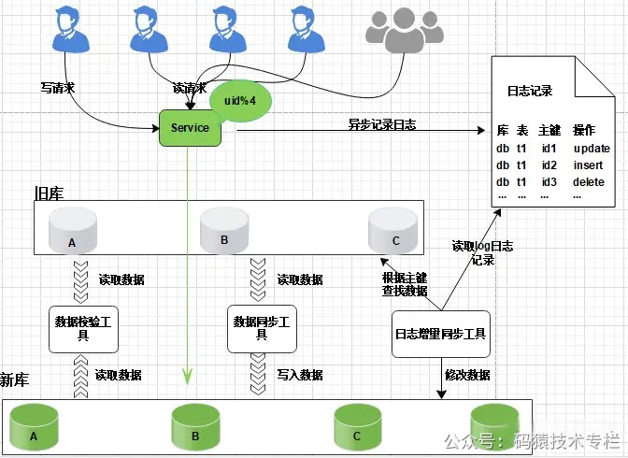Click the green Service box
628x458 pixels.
[x=191, y=127]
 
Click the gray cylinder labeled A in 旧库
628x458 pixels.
[x=72, y=232]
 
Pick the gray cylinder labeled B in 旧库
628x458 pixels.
[x=224, y=230]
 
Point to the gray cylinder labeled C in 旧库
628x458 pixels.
[x=393, y=230]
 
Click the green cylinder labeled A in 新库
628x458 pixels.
[x=34, y=427]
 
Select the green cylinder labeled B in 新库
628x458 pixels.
[x=195, y=427]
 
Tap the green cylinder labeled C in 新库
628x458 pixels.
[x=358, y=427]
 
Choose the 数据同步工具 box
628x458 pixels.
[x=263, y=328]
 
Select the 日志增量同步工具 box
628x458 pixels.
[x=440, y=334]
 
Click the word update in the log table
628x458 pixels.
[x=591, y=149]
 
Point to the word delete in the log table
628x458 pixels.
[x=589, y=181]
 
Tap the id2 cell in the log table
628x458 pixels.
[x=549, y=165]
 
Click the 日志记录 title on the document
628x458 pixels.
[x=530, y=92]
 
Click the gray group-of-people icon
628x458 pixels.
[x=405, y=31]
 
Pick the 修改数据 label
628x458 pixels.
[x=467, y=375]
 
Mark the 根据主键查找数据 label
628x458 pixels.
[x=405, y=284]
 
